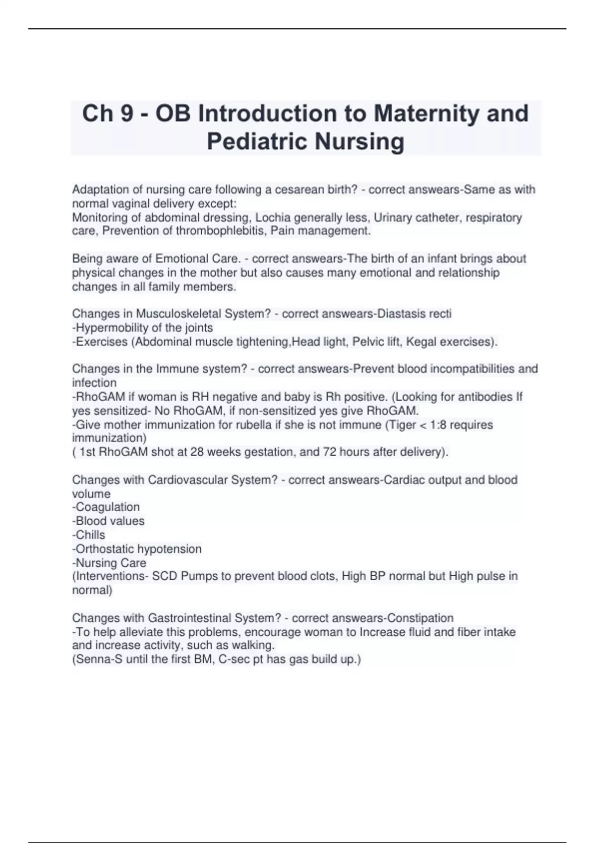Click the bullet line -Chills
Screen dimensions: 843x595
(x=89, y=535)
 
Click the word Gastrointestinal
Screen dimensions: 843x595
(x=189, y=618)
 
